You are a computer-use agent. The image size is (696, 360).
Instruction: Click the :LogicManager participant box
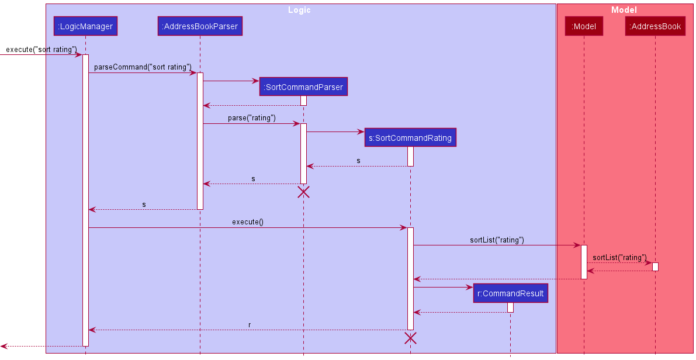[x=85, y=26]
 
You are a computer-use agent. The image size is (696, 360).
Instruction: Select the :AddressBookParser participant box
[x=200, y=26]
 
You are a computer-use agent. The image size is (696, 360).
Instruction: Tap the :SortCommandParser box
[x=303, y=87]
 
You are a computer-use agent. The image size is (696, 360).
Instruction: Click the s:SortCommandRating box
[x=410, y=138]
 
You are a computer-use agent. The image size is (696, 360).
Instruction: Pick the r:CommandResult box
[x=510, y=293]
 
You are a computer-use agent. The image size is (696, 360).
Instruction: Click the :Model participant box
[x=584, y=26]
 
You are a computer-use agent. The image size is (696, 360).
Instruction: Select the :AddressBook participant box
[x=655, y=26]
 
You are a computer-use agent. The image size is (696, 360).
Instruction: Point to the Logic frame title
[x=299, y=10]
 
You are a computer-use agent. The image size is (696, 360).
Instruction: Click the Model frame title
[x=624, y=10]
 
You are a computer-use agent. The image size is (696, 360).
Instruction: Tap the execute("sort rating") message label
[x=41, y=50]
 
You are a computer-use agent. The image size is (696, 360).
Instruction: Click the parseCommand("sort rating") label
[x=143, y=67]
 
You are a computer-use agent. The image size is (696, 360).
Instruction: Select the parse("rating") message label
[x=252, y=118]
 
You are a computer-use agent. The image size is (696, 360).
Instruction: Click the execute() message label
[x=248, y=222]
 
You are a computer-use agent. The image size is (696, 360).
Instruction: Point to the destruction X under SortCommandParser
[x=303, y=192]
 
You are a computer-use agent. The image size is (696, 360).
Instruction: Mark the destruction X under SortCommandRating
[x=410, y=338]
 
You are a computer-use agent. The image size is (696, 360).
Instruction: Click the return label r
[x=250, y=324]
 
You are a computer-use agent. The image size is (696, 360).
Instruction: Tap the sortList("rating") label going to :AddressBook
[x=619, y=257]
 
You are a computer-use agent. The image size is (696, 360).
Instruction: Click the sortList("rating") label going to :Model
[x=497, y=240]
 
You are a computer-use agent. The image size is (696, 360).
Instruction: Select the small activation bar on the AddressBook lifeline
[x=655, y=266]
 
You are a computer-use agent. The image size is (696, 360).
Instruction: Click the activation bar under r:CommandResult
[x=510, y=307]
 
